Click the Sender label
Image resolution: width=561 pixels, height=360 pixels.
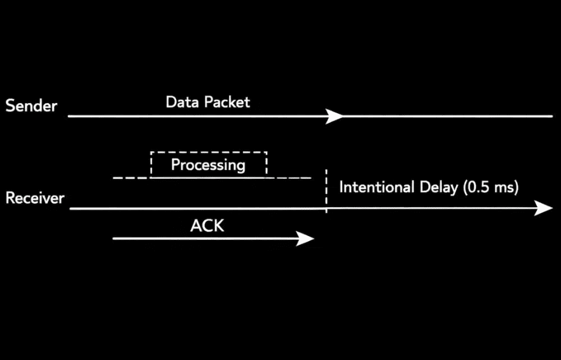click(x=31, y=106)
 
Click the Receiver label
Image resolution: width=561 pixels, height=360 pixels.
click(x=35, y=198)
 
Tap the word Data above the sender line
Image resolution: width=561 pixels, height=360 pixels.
click(x=182, y=102)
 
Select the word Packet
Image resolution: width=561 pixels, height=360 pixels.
click(x=227, y=102)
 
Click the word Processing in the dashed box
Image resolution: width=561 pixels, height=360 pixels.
click(x=208, y=165)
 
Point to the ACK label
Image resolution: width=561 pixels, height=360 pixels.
click(x=207, y=226)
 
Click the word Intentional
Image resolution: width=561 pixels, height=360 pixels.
click(x=377, y=187)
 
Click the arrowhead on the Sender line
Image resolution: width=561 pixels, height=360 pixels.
click(x=334, y=116)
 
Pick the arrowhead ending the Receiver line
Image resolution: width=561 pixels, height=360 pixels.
click(x=543, y=208)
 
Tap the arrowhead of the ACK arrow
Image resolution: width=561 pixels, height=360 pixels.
click(x=305, y=239)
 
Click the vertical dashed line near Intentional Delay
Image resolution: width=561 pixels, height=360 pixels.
click(x=326, y=191)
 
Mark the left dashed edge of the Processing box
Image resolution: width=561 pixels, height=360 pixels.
click(x=151, y=165)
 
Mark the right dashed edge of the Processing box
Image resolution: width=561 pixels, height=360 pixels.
click(x=267, y=165)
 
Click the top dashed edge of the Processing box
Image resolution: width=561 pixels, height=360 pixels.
click(x=209, y=153)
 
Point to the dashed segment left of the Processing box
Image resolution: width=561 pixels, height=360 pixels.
click(x=132, y=178)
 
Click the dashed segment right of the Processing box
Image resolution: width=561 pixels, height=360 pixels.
click(x=289, y=178)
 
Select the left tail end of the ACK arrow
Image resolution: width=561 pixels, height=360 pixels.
click(x=113, y=239)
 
